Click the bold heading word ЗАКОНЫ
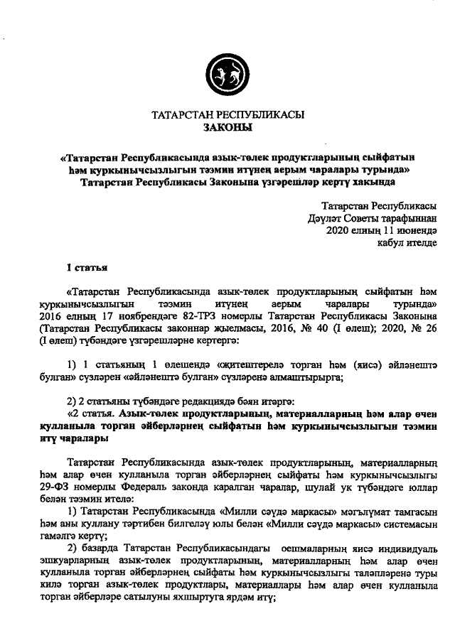click(227, 128)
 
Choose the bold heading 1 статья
click(86, 269)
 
